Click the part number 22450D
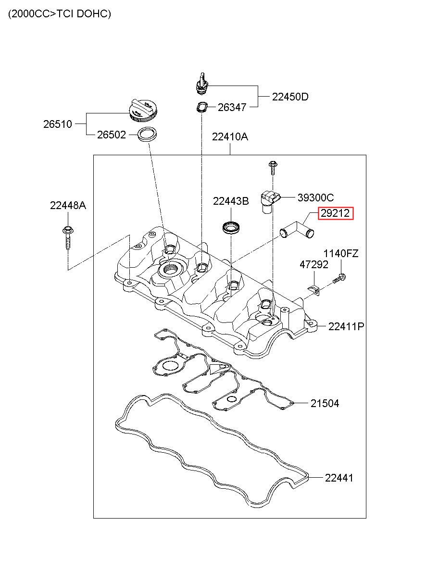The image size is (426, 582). tap(290, 97)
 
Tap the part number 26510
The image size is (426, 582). tap(58, 124)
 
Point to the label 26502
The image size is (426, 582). tap(112, 135)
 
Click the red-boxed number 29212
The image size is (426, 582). tap(335, 213)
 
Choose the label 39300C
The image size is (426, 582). tap(315, 198)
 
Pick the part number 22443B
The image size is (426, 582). tap(231, 201)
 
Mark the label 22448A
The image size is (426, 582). tap(68, 206)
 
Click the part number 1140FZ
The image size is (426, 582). tap(340, 253)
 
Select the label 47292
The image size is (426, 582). tap(314, 264)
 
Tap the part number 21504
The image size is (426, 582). tap(325, 404)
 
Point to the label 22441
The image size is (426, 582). tap(339, 478)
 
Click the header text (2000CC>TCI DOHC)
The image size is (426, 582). tap(60, 14)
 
